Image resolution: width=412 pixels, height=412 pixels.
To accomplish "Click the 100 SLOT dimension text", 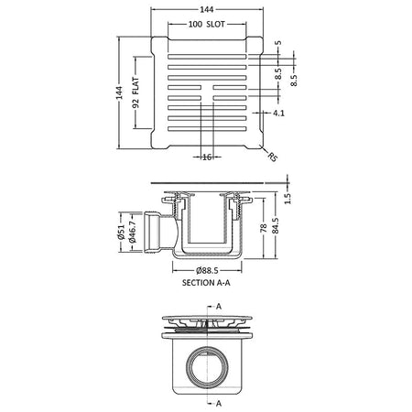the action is click(x=207, y=24).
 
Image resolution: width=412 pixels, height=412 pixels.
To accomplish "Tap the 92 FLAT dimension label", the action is click(x=136, y=92).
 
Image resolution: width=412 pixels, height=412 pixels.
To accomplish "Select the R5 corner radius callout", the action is click(x=273, y=157).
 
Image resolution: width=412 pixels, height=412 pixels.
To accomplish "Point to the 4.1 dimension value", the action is click(x=278, y=113).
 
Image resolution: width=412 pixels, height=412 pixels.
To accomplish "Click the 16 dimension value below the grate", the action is click(x=207, y=157).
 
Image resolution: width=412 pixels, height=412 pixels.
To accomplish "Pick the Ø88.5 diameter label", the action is click(x=207, y=270).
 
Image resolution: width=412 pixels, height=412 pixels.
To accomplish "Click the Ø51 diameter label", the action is click(x=121, y=232).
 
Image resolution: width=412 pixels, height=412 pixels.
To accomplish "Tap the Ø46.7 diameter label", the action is click(x=132, y=233).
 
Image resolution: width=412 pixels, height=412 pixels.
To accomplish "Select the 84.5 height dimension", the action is click(x=275, y=225).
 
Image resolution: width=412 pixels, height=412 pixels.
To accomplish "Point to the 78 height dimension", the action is click(x=264, y=228).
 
